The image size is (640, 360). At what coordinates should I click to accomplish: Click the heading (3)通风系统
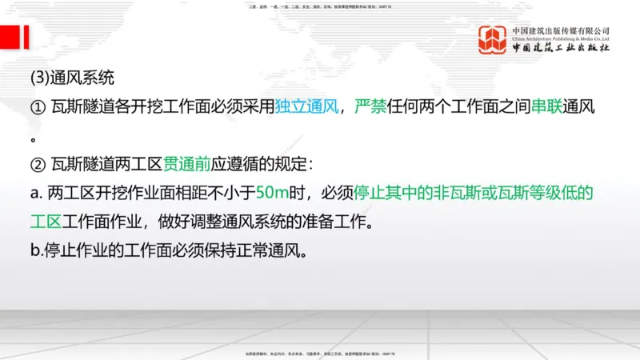pos(72,78)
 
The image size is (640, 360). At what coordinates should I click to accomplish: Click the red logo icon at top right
pos(494,41)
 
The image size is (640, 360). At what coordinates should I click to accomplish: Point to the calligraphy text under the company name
pos(561,49)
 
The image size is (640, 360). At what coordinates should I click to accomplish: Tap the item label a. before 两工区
pos(37,194)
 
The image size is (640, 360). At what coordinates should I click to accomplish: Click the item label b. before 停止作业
pos(37,251)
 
